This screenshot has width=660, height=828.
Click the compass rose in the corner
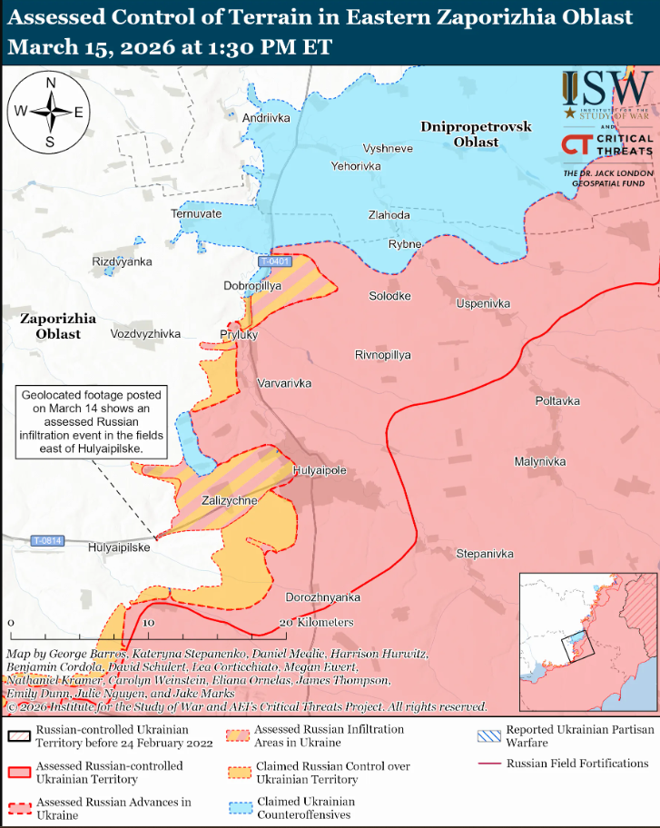[x=50, y=113]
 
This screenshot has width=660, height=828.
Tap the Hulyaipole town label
[x=319, y=470]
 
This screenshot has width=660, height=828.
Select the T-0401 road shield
[x=274, y=261]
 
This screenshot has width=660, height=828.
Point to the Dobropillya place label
[x=252, y=285]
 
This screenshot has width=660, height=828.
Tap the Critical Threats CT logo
[x=576, y=144]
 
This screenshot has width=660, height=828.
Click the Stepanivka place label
[x=484, y=554]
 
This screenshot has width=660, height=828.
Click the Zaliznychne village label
[x=229, y=500]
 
